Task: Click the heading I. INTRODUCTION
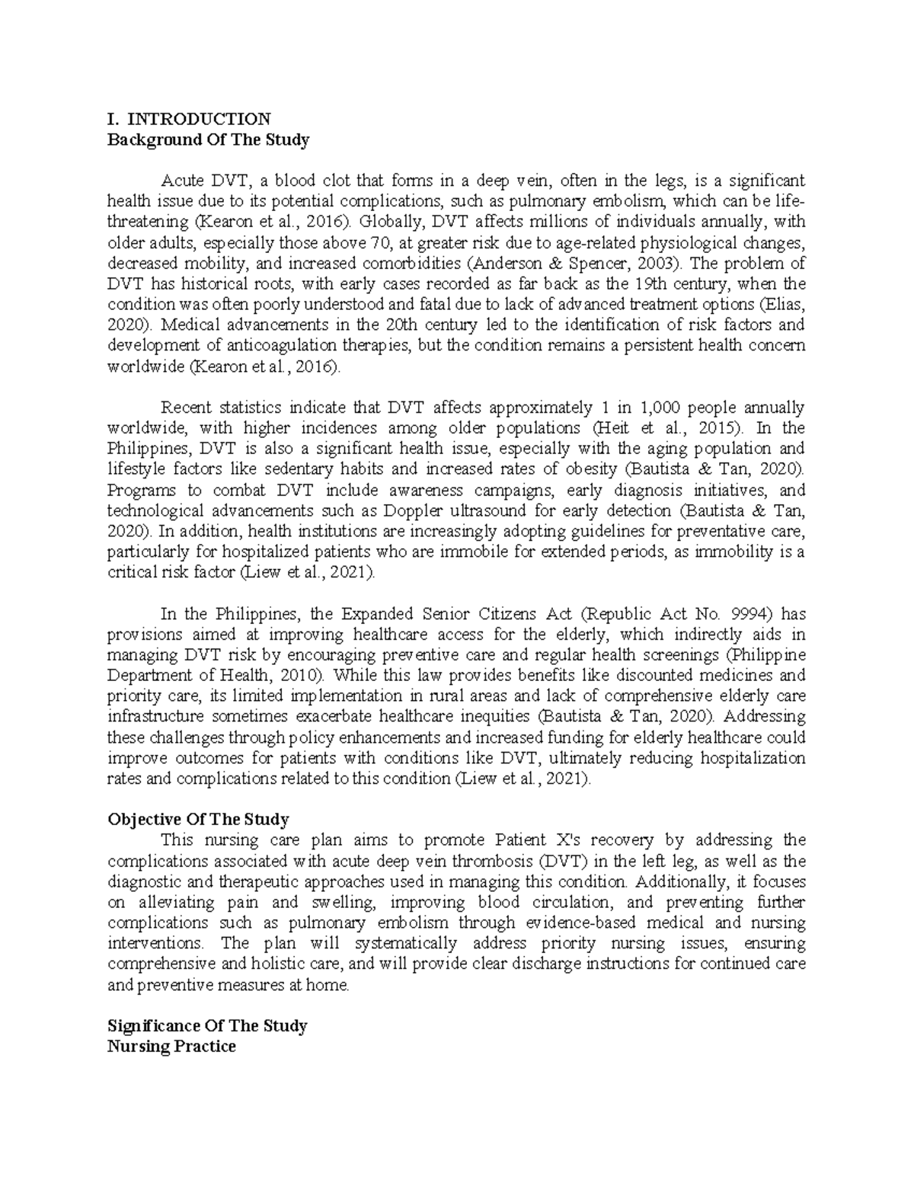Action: tap(189, 119)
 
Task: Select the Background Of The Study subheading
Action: tap(208, 140)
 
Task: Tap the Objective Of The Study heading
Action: tap(198, 820)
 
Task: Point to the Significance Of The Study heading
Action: tap(207, 1026)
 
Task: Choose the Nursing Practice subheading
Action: tap(171, 1047)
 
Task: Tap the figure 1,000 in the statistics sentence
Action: tap(663, 408)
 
